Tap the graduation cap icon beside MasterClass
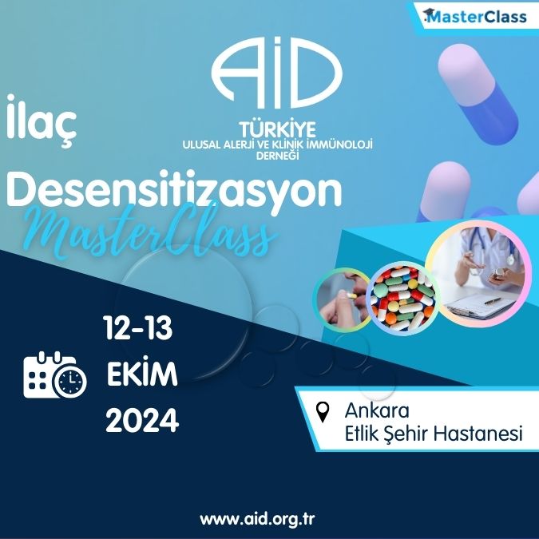432,14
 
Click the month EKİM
142,374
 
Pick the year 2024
142,421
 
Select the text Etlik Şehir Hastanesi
434,434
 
